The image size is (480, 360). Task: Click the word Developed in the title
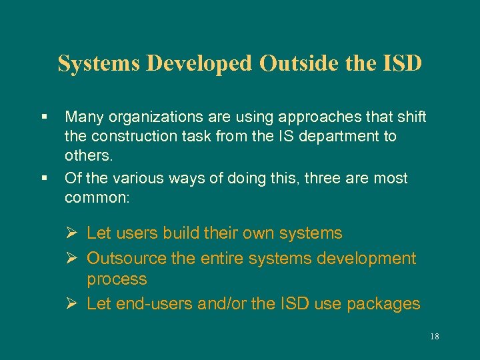click(x=200, y=63)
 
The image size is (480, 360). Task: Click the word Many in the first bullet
click(x=83, y=117)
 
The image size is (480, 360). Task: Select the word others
click(x=87, y=157)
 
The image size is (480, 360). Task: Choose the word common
click(x=96, y=198)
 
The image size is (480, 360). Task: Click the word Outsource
click(x=127, y=258)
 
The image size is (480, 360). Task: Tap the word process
click(x=117, y=279)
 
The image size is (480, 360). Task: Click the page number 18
click(x=435, y=337)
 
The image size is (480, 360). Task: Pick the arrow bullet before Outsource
click(x=75, y=258)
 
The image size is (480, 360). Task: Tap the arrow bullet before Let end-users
click(x=75, y=304)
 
